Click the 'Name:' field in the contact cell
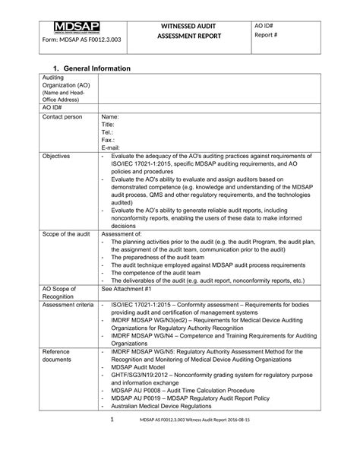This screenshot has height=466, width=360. pos(110,118)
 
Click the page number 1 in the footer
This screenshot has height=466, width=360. pos(112,440)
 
